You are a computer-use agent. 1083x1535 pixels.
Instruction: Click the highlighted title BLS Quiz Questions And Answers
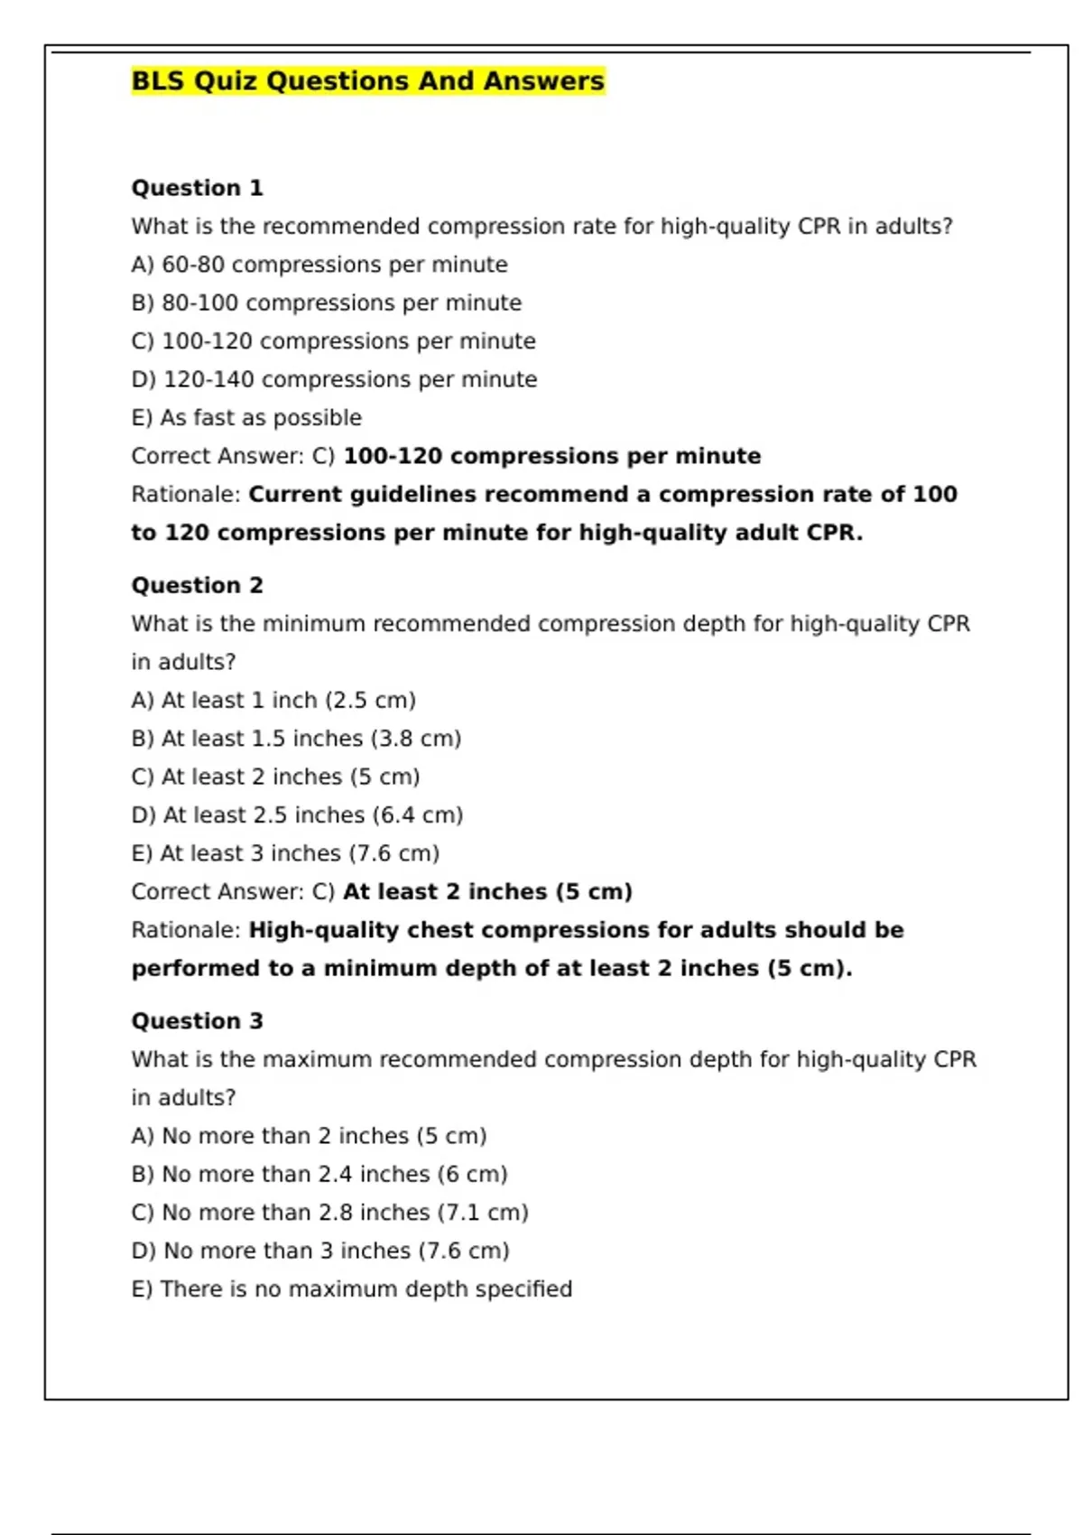pyautogui.click(x=367, y=81)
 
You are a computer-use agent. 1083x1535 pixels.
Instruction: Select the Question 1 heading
pyautogui.click(x=197, y=188)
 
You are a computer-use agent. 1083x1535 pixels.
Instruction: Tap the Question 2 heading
pyautogui.click(x=197, y=585)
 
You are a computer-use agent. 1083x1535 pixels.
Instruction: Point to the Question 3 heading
pyautogui.click(x=197, y=1020)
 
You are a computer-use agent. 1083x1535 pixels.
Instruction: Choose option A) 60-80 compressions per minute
pyautogui.click(x=319, y=265)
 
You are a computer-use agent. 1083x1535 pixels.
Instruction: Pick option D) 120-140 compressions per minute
pyautogui.click(x=334, y=379)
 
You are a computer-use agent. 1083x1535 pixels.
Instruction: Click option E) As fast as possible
pyautogui.click(x=246, y=418)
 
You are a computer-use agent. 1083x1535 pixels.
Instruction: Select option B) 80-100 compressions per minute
pyautogui.click(x=326, y=302)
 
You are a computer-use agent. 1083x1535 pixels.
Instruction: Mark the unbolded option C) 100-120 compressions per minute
pyautogui.click(x=333, y=341)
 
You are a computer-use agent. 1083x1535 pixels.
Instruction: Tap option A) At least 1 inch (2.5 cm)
pyautogui.click(x=273, y=700)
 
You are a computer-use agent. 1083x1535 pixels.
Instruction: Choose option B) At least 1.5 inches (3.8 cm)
pyautogui.click(x=296, y=739)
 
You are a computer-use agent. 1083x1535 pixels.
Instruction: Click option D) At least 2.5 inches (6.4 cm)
pyautogui.click(x=297, y=815)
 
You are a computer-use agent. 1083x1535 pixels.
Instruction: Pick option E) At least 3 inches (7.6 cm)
pyautogui.click(x=285, y=853)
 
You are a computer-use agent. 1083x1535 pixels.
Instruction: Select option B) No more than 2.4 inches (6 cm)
pyautogui.click(x=319, y=1174)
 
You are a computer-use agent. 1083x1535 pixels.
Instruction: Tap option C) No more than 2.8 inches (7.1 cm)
pyautogui.click(x=329, y=1213)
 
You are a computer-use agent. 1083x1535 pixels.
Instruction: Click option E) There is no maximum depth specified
pyautogui.click(x=351, y=1289)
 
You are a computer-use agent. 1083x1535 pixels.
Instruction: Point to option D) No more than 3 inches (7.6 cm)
pyautogui.click(x=320, y=1251)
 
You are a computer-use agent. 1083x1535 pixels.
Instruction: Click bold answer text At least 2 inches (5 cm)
pyautogui.click(x=487, y=892)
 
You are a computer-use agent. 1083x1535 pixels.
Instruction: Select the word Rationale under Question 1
pyautogui.click(x=185, y=495)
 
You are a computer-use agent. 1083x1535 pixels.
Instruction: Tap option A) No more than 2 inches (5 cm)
pyautogui.click(x=309, y=1136)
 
